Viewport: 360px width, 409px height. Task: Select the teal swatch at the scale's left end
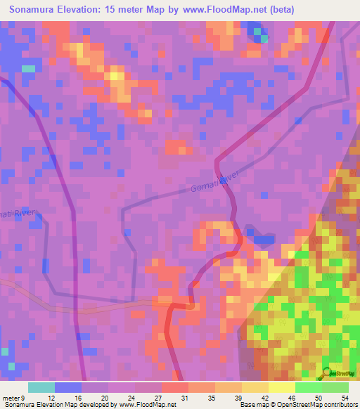click(41, 387)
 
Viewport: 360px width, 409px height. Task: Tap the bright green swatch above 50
click(308, 387)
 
